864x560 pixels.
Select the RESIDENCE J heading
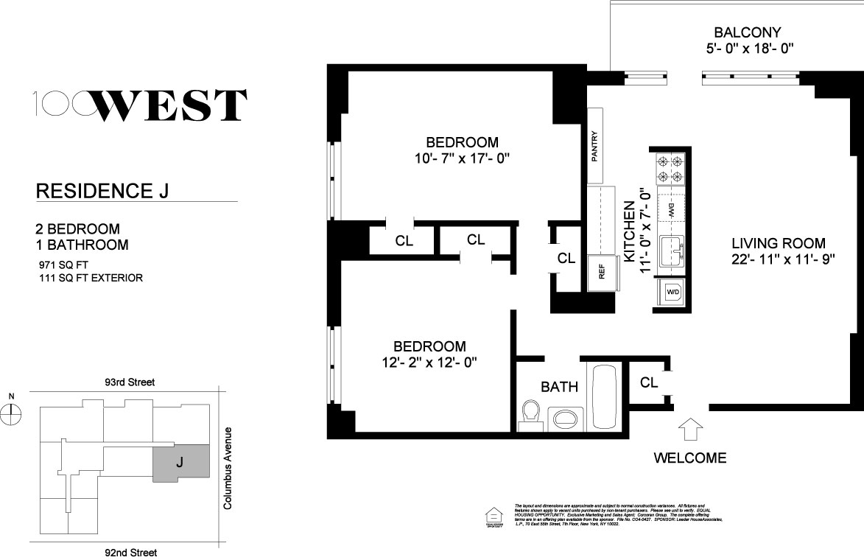[102, 192]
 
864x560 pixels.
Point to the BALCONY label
[747, 32]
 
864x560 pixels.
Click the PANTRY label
[594, 145]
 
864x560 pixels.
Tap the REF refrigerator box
[601, 271]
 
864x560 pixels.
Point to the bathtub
[606, 397]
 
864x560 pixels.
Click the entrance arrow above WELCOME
[690, 429]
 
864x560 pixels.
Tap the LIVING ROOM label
[779, 243]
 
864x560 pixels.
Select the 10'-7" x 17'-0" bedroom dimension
[463, 158]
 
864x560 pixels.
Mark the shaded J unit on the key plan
[180, 463]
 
